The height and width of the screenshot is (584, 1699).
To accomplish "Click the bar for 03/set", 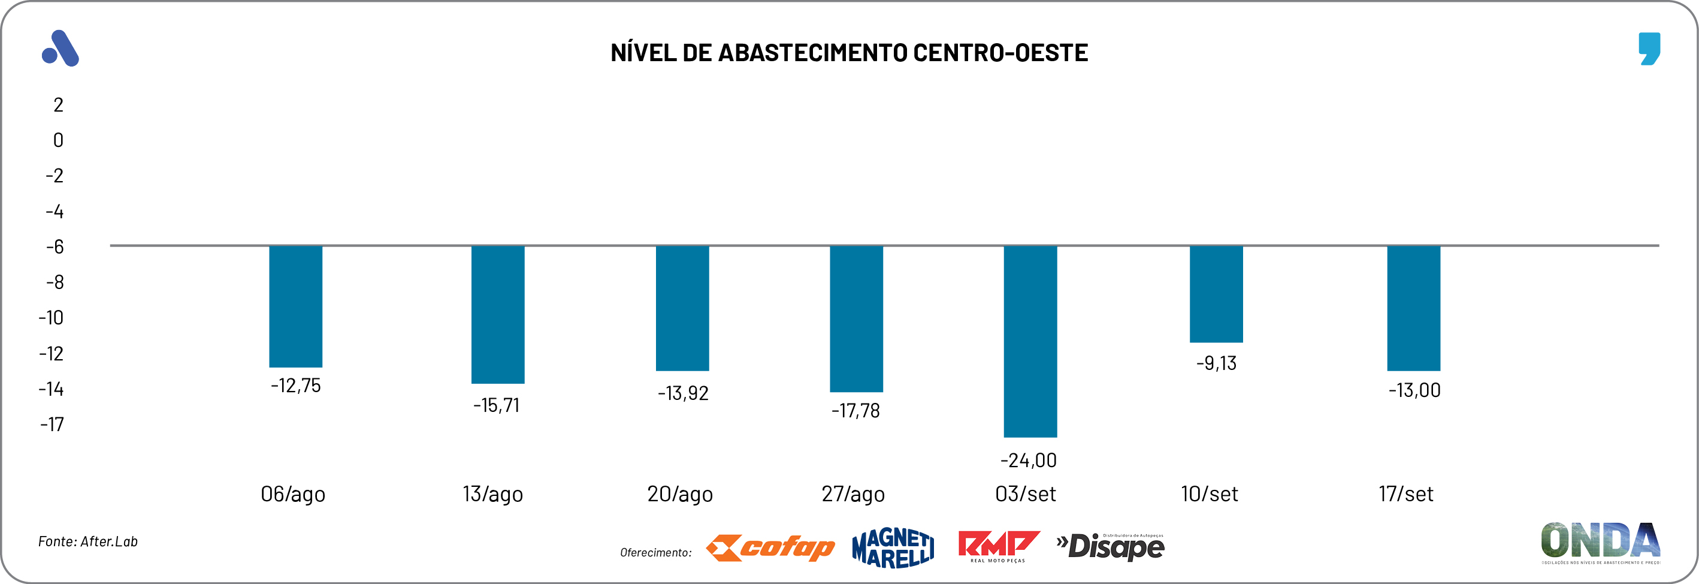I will click(x=1030, y=341).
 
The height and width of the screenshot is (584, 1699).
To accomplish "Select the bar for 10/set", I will click(x=1216, y=294).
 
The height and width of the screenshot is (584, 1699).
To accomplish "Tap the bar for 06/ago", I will click(x=295, y=306).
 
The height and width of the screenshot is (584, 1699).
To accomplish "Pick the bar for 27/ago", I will click(x=855, y=319).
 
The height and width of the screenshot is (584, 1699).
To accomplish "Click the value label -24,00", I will click(x=1028, y=460).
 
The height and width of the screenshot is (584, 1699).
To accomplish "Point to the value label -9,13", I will click(x=1216, y=363).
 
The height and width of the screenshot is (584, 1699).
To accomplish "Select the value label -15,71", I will click(x=496, y=405).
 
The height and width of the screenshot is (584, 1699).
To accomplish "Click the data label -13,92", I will click(x=682, y=393).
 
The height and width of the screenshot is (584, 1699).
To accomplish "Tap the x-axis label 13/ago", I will click(x=492, y=493).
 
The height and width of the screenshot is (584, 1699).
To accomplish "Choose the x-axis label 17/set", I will click(x=1405, y=493).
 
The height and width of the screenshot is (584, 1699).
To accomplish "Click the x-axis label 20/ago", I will click(x=679, y=493).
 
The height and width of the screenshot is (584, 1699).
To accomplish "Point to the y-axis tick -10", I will click(x=52, y=318).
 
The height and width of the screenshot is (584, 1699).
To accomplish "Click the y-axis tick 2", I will click(x=58, y=105).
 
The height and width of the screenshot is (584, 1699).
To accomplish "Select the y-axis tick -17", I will click(x=52, y=425).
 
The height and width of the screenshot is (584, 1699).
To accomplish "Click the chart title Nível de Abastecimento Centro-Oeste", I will click(x=849, y=53).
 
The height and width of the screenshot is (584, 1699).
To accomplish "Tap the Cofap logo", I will click(x=770, y=547).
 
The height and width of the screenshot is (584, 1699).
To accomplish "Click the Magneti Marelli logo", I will click(x=893, y=547).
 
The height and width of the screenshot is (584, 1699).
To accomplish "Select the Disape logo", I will click(x=1111, y=547).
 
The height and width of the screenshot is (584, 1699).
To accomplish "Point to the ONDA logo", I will click(x=1600, y=543).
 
